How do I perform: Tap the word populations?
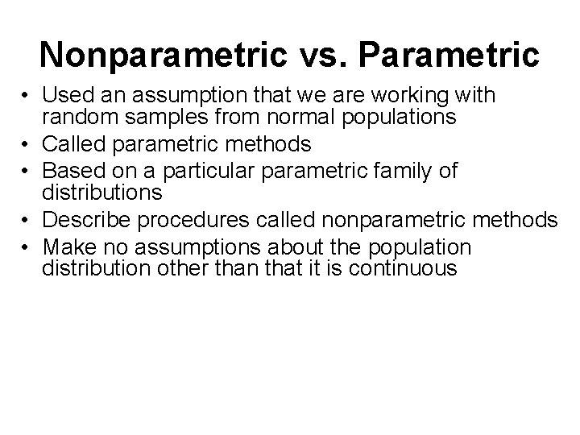[398, 118]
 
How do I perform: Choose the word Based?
[70, 170]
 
